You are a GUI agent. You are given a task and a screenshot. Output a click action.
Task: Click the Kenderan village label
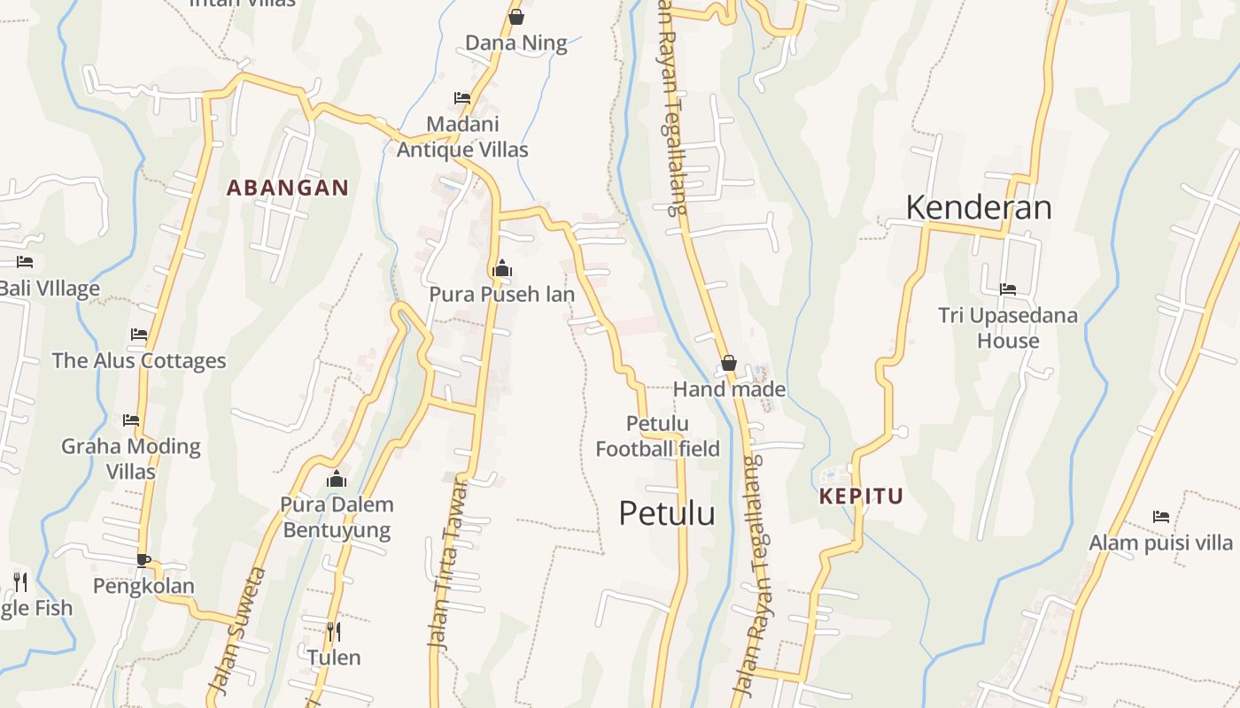point(979,208)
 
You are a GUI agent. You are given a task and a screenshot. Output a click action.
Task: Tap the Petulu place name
point(666,513)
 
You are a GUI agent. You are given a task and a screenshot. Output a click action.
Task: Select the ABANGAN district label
point(288,188)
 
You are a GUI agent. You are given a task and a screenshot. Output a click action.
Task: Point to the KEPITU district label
point(861,496)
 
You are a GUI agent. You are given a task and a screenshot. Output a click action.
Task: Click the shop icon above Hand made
point(729,363)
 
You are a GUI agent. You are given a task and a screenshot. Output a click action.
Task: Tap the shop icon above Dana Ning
point(516,17)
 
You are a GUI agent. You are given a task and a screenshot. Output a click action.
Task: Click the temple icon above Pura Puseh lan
point(501,268)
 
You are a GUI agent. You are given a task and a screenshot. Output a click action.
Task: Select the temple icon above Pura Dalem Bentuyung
point(336,480)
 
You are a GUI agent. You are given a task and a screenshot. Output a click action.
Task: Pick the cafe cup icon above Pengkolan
point(143,559)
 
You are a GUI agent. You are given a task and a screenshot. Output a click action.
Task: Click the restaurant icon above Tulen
point(334,632)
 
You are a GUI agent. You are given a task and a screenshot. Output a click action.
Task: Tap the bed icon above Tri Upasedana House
point(1008,289)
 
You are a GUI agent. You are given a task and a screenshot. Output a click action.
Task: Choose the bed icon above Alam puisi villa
point(1161,517)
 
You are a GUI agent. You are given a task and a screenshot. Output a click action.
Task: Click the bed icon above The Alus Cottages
point(139,335)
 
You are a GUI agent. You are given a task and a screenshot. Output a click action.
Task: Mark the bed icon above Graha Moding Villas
point(131,419)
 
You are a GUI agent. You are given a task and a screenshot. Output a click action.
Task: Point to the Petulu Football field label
point(657,436)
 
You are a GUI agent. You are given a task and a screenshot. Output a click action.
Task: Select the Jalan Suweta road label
point(236,630)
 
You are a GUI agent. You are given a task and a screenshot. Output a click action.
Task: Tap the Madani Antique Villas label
point(462,137)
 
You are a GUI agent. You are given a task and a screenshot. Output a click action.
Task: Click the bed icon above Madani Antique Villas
point(461,97)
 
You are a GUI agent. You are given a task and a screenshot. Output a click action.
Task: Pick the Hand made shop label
point(729,389)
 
